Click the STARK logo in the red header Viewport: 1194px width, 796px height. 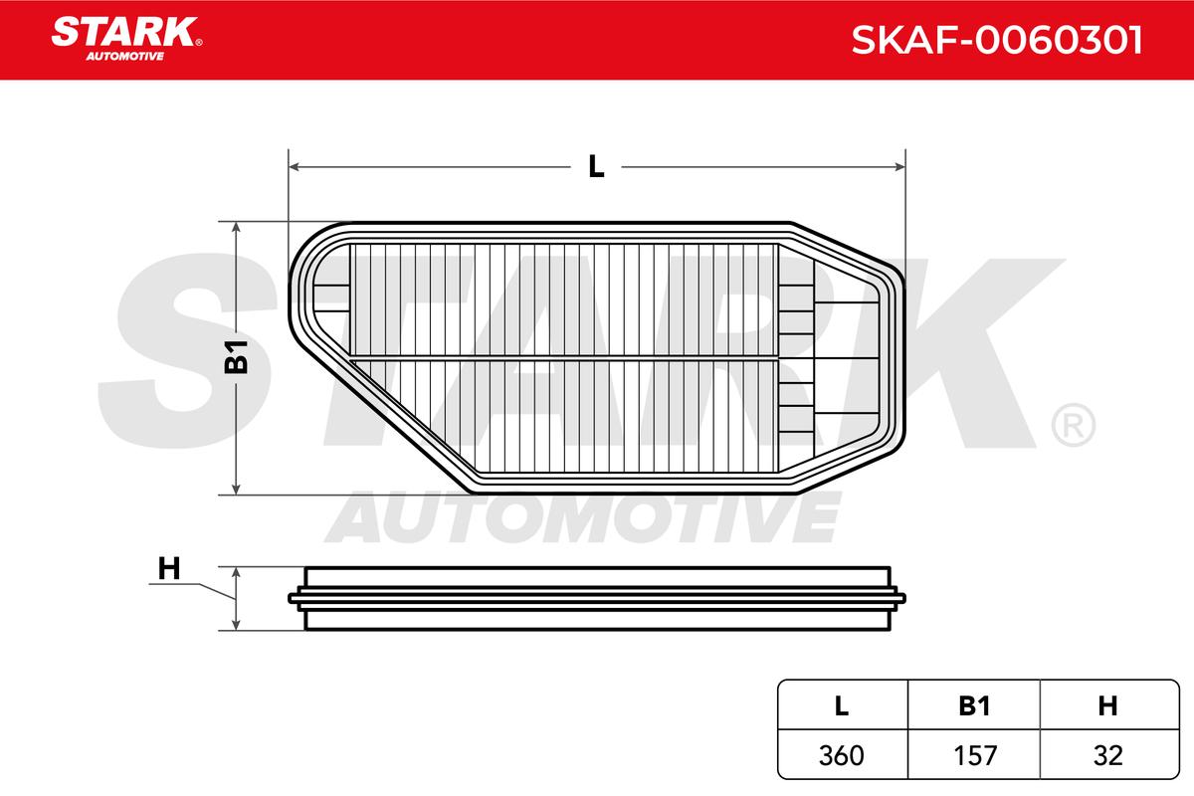[x=126, y=39]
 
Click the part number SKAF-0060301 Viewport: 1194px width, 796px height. [x=997, y=40]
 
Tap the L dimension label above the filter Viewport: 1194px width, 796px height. [x=596, y=166]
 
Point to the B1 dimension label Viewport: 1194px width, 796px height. [x=236, y=356]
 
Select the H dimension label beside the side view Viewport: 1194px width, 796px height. [x=169, y=568]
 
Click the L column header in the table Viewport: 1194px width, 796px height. [x=841, y=705]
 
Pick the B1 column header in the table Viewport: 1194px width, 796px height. [x=974, y=705]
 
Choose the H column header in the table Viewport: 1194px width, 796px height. [x=1107, y=705]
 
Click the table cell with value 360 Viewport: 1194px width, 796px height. [x=841, y=755]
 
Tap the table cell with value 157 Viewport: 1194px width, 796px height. [x=975, y=755]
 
